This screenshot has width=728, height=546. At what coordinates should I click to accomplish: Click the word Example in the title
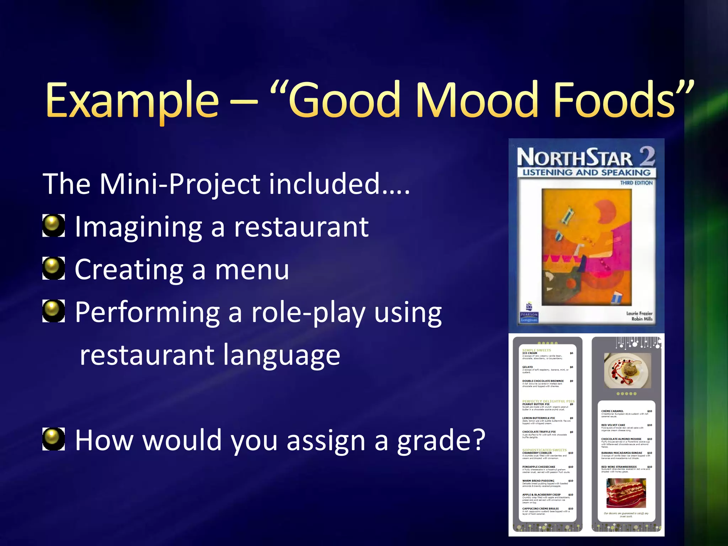132,100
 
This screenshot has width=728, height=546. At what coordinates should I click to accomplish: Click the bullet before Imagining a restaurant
54,226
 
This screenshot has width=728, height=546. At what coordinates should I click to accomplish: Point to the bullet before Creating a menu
54,268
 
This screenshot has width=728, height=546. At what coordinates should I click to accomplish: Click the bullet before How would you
54,439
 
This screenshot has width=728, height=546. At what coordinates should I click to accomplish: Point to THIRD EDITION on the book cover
636,183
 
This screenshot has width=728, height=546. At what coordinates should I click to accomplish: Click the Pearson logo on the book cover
529,313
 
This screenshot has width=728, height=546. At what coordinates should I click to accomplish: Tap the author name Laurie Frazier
639,313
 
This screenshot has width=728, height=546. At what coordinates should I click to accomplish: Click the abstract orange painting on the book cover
587,247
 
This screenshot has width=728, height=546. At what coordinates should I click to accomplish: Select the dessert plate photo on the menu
627,370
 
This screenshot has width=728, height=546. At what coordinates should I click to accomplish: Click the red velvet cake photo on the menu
626,493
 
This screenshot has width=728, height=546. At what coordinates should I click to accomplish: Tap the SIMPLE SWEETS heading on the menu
536,350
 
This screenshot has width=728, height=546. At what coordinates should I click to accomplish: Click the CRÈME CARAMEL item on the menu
612,411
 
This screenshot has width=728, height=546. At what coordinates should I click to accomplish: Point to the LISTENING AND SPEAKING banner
587,172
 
